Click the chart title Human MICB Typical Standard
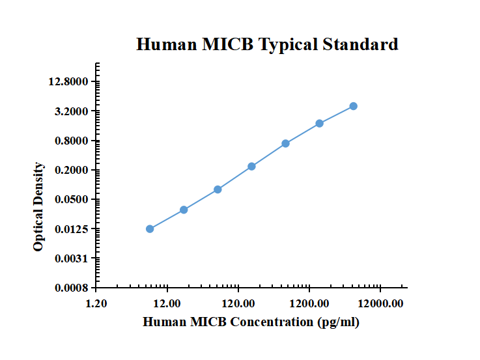267,44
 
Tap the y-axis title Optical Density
39,207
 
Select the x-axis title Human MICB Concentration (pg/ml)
251,322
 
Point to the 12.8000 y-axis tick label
69,82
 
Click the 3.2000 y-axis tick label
72,111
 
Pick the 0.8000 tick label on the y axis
72,141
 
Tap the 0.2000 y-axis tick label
72,171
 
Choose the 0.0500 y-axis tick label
72,200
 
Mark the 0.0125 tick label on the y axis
72,229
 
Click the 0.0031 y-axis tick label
72,258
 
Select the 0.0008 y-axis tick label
72,288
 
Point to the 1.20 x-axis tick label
96,303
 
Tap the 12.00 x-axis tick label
167,303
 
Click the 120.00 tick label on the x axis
238,303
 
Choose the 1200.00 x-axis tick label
309,303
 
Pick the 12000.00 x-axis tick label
380,303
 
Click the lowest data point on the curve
150,228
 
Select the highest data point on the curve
353,106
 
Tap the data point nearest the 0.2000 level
251,167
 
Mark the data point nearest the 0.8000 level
285,143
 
